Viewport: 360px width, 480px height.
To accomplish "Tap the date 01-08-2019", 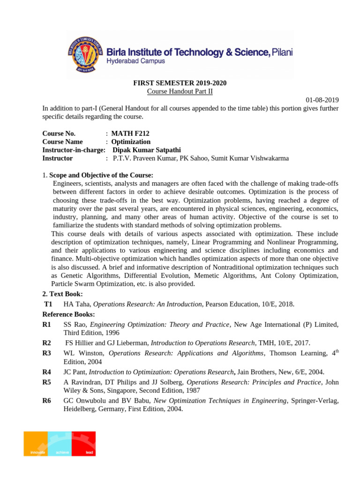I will click(x=322, y=100).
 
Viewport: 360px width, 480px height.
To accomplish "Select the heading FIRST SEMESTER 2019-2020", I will click(x=180, y=83).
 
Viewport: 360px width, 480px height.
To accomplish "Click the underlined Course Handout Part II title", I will click(x=180, y=91).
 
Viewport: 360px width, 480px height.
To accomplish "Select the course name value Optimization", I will click(x=131, y=142).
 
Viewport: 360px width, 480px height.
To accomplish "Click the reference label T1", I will click(x=48, y=304).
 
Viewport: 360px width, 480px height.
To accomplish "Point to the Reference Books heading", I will click(x=68, y=314).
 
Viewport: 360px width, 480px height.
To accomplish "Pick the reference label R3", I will click(x=46, y=353).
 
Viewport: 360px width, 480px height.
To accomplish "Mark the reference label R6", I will click(x=46, y=400).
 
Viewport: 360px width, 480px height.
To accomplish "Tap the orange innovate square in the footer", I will click(x=36, y=443).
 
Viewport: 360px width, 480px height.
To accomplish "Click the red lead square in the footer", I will click(x=83, y=443).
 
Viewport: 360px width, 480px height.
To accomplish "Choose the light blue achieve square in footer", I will click(x=60, y=443).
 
